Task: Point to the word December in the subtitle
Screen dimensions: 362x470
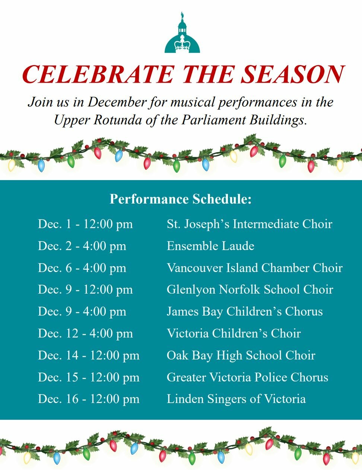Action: click(x=117, y=102)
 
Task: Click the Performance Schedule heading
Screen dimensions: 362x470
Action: click(x=181, y=199)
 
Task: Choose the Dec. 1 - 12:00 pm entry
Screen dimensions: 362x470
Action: click(x=85, y=224)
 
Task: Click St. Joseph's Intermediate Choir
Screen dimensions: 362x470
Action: click(x=250, y=224)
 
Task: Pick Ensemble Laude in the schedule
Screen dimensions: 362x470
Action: click(x=210, y=246)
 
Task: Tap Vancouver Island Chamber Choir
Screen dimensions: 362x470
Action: click(x=255, y=268)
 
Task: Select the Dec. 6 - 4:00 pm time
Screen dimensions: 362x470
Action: click(x=82, y=268)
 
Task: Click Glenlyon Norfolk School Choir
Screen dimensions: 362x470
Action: click(x=250, y=290)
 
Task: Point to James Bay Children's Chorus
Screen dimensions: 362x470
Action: click(x=245, y=312)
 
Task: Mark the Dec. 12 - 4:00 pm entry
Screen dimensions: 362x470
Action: click(x=85, y=333)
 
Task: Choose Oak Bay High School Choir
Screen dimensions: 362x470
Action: click(x=241, y=356)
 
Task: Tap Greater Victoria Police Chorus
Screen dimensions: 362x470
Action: click(x=248, y=377)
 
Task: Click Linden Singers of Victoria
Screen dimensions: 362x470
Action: click(x=236, y=399)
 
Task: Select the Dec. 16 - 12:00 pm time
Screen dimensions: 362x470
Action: click(x=89, y=399)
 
